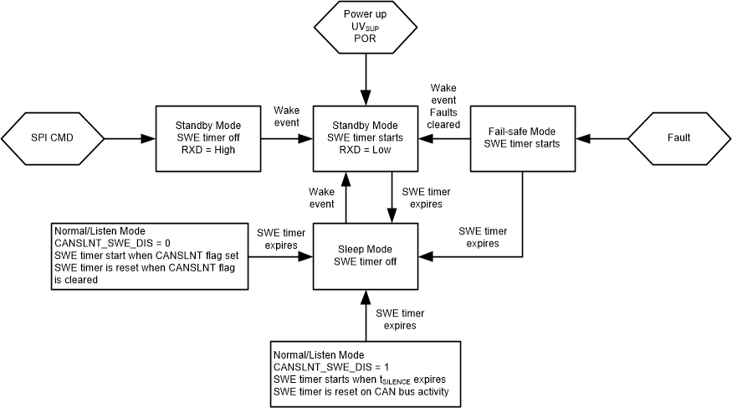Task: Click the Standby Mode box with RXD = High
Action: pos(208,138)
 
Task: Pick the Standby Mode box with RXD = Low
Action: pos(366,138)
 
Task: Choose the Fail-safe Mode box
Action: pos(522,138)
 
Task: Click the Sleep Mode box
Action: pos(366,256)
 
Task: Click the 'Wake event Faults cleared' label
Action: pos(444,106)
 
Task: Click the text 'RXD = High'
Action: pos(208,151)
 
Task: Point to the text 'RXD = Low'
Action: pos(366,151)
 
